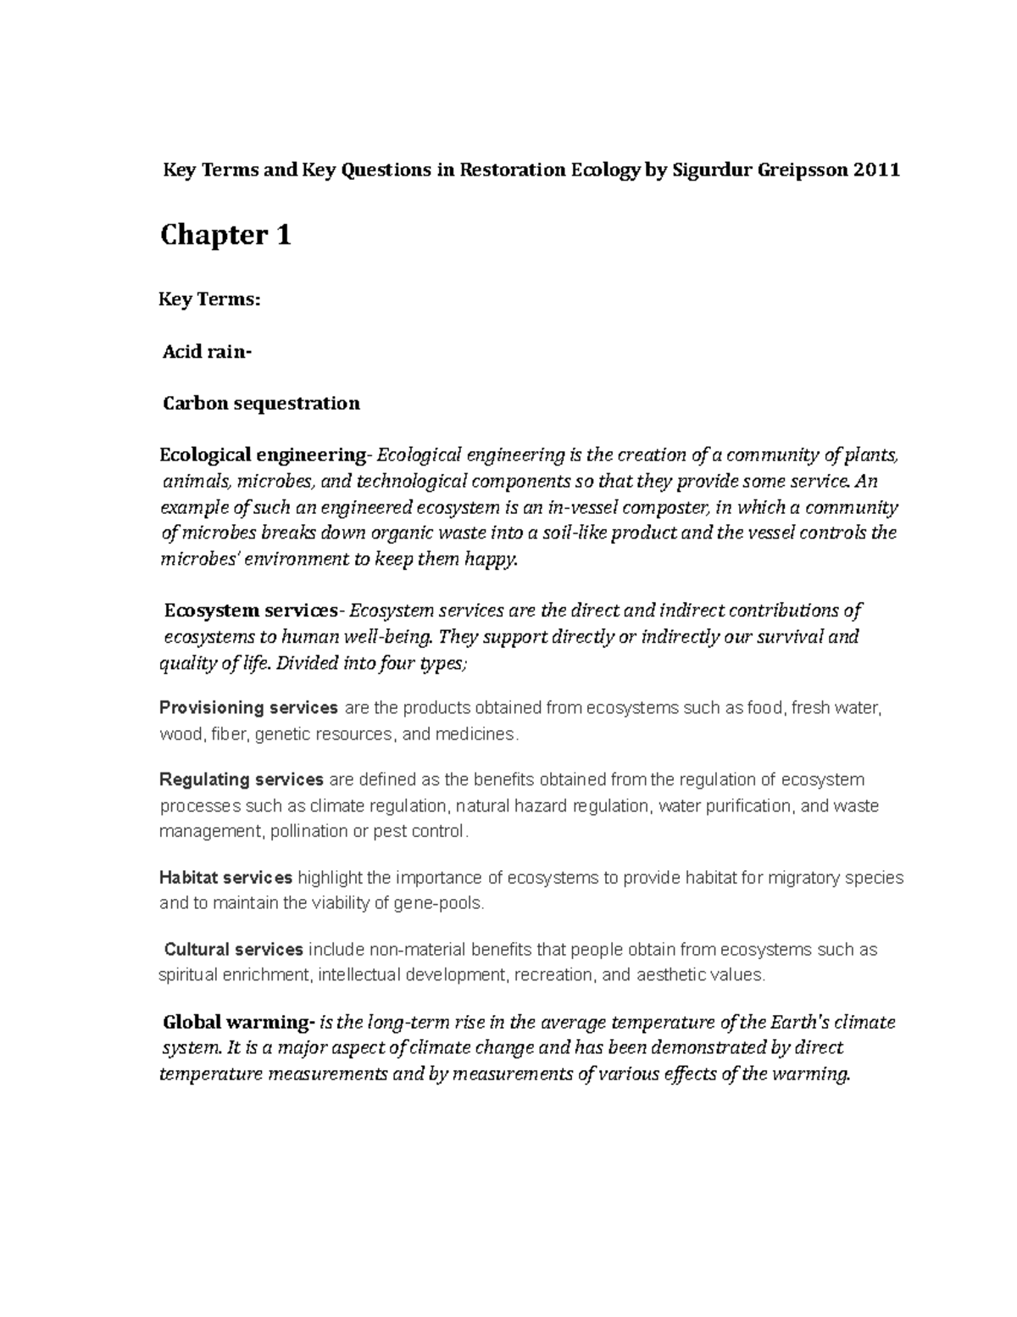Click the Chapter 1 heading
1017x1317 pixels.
(x=225, y=235)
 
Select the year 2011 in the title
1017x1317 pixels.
(x=876, y=170)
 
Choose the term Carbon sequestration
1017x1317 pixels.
(x=261, y=403)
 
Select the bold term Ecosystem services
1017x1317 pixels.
(x=252, y=611)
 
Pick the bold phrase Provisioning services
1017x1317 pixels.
(x=248, y=707)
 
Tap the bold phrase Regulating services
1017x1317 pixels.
(x=242, y=779)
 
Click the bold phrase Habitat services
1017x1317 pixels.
(x=225, y=877)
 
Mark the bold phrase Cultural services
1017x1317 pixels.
(x=233, y=949)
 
